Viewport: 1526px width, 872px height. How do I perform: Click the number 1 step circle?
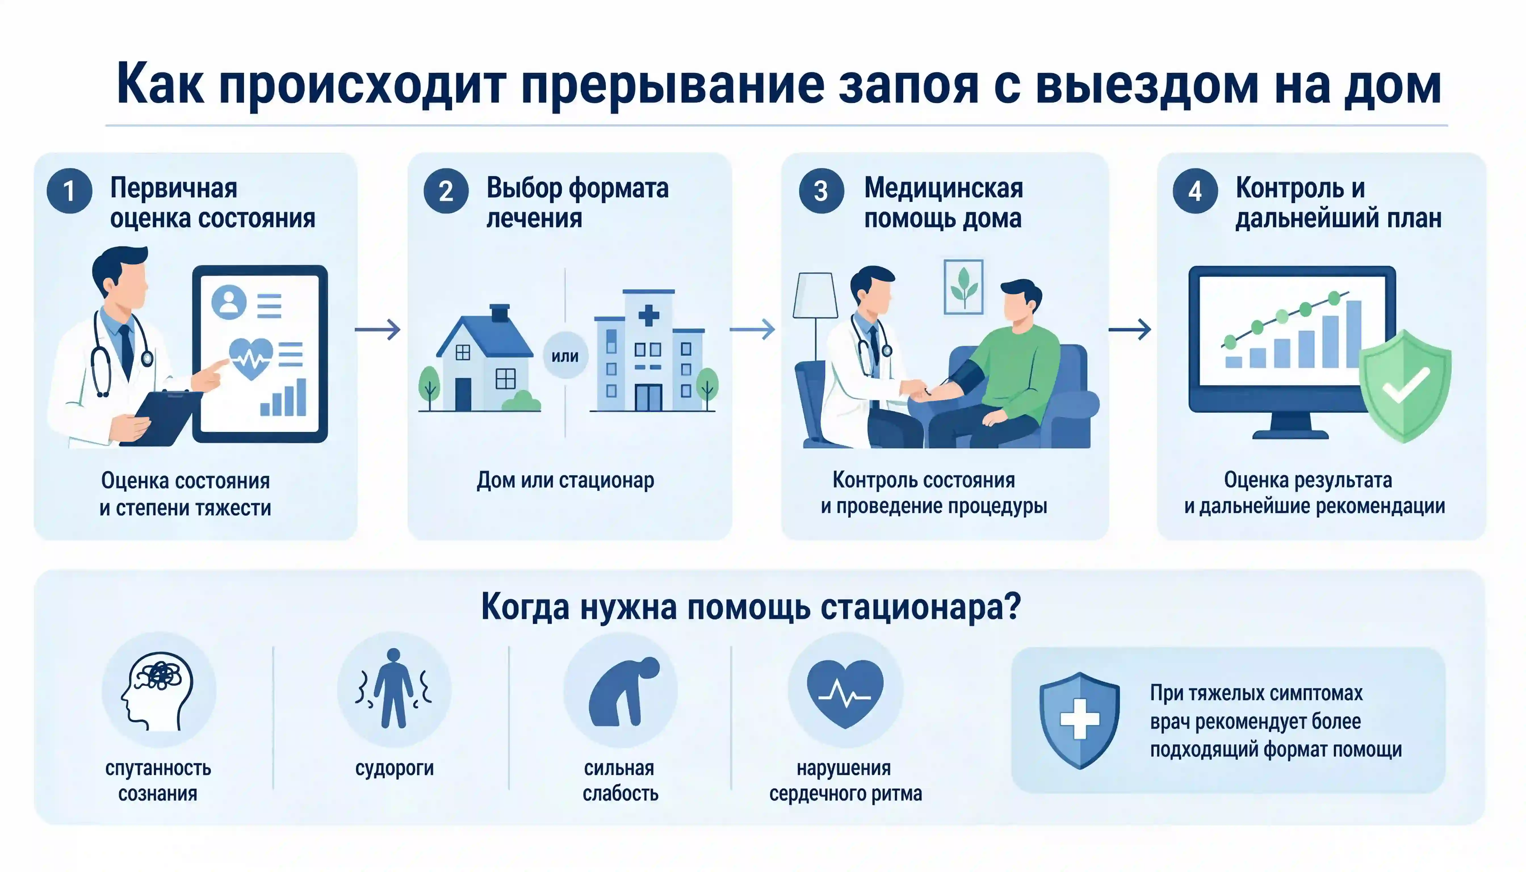coord(70,191)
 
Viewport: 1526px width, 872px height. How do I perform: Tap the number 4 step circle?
coord(1195,191)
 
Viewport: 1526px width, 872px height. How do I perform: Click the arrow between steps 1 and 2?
coord(377,329)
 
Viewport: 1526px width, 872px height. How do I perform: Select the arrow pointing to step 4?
coord(1129,329)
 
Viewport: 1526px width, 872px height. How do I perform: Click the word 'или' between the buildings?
coord(565,356)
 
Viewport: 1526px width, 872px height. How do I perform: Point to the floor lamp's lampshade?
coord(815,295)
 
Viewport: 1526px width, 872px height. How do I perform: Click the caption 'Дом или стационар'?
coord(565,480)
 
